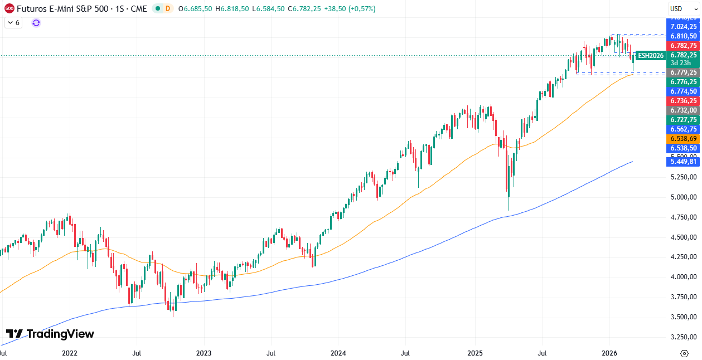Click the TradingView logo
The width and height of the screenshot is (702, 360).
(50, 334)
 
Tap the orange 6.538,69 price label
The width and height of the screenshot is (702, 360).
(684, 139)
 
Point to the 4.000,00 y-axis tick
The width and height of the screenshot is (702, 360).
(684, 277)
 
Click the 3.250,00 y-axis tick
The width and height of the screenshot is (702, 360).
(684, 337)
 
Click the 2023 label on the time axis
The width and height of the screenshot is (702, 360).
(204, 353)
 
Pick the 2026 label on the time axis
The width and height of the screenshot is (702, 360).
(609, 353)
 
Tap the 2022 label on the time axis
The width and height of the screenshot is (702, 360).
(69, 353)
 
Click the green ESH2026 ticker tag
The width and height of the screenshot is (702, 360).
(651, 55)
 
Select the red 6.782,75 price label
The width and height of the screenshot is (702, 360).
(684, 46)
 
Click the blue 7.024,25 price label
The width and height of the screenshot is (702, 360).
(684, 27)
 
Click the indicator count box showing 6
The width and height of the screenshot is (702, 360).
(13, 23)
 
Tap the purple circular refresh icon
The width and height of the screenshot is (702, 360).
(36, 23)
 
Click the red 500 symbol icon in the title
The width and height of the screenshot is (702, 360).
(9, 8)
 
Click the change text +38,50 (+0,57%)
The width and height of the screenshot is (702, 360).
(351, 9)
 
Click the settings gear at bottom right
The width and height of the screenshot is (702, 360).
(684, 353)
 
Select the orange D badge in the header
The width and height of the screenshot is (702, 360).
(168, 8)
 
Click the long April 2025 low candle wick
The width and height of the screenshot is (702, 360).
(509, 201)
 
